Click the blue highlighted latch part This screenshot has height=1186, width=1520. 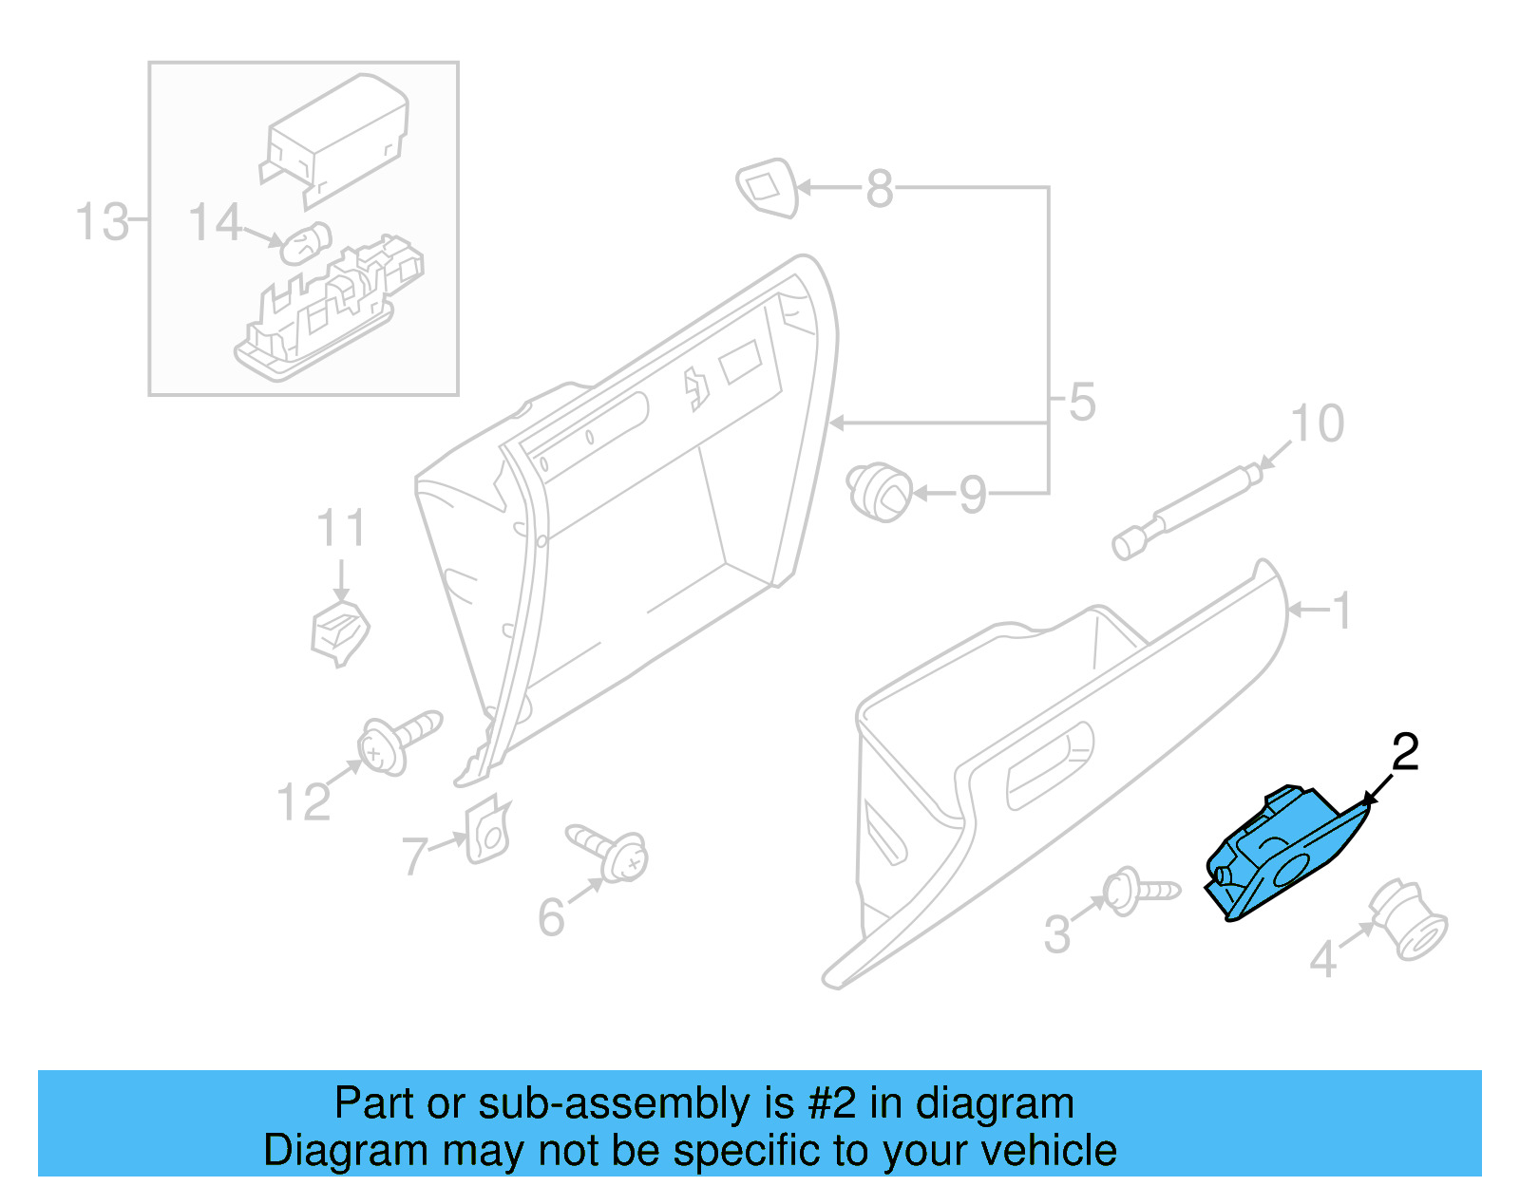(x=1282, y=854)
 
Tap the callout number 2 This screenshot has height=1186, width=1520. (x=1404, y=753)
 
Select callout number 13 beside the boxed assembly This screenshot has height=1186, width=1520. (x=101, y=222)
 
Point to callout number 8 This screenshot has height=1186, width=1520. (x=880, y=189)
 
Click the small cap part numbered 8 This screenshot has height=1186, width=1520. (x=767, y=187)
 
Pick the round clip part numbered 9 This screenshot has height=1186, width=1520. (x=879, y=491)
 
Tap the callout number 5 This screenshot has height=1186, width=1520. (x=1082, y=403)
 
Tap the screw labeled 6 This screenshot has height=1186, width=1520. (x=609, y=851)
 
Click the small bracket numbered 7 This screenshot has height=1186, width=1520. (x=488, y=830)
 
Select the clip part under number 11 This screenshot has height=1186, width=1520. (x=339, y=631)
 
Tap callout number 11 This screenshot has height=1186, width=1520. (x=340, y=529)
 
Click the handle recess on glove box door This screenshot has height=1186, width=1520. (x=1049, y=764)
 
